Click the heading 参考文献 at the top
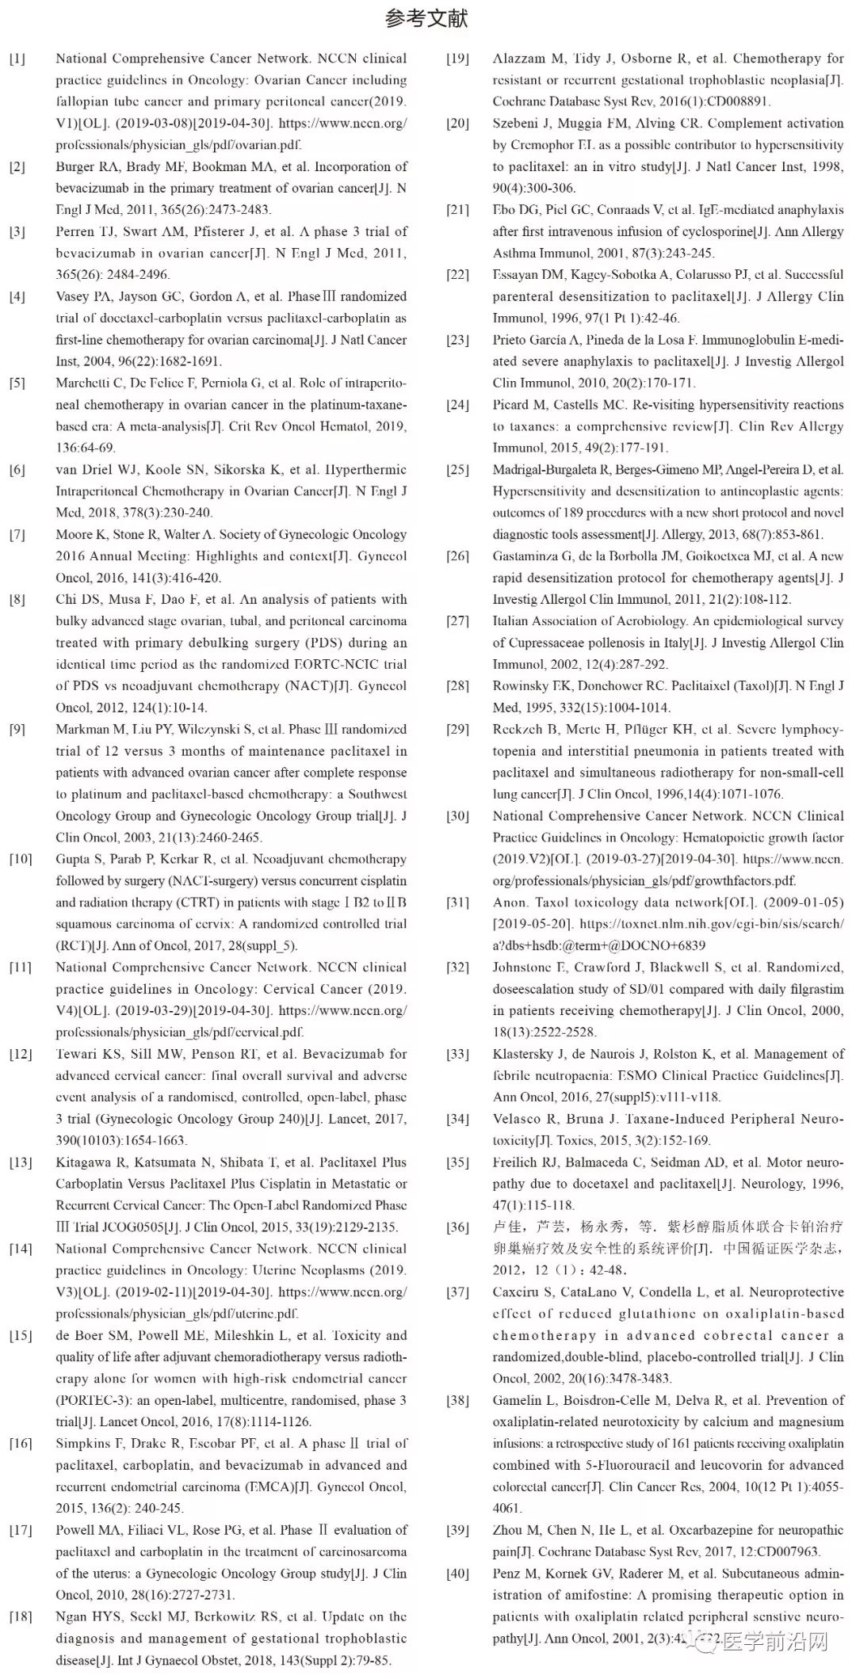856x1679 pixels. click(x=426, y=18)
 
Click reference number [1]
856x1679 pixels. click(x=17, y=59)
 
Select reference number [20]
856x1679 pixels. click(x=457, y=124)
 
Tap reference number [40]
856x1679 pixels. click(x=457, y=1574)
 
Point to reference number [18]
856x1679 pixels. click(x=21, y=1616)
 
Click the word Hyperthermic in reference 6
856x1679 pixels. click(x=367, y=470)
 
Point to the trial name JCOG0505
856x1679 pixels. click(x=124, y=1227)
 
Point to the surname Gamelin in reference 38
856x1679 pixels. click(x=520, y=1400)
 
